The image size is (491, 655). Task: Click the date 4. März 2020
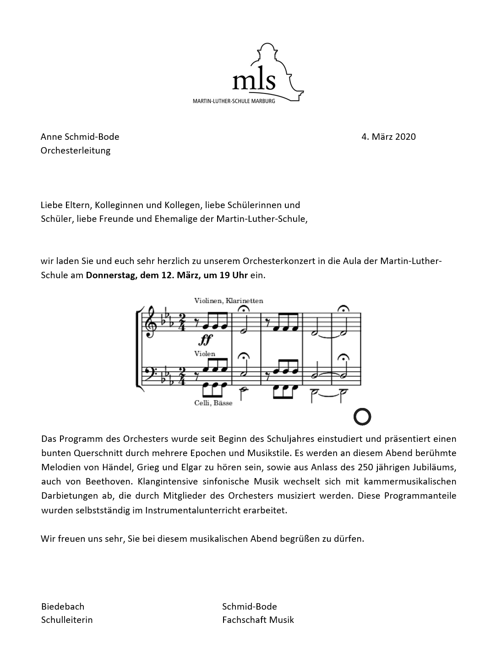coord(388,137)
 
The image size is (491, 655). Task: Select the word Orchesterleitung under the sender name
coord(76,150)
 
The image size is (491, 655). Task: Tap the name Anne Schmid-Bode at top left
coord(80,137)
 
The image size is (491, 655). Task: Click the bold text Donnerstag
coord(109,275)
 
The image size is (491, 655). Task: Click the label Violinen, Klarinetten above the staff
coord(229,301)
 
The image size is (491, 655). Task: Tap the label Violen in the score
coord(204,353)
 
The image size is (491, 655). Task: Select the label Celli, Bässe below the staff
coord(213,403)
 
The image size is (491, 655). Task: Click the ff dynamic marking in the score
coord(206,340)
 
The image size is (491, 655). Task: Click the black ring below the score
coord(362,417)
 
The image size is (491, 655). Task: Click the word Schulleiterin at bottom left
coord(67,620)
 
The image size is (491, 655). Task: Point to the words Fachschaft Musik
coord(258,620)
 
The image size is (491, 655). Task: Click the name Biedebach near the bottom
coord(63,606)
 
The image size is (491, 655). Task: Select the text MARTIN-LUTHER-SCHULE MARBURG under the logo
coord(234,100)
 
